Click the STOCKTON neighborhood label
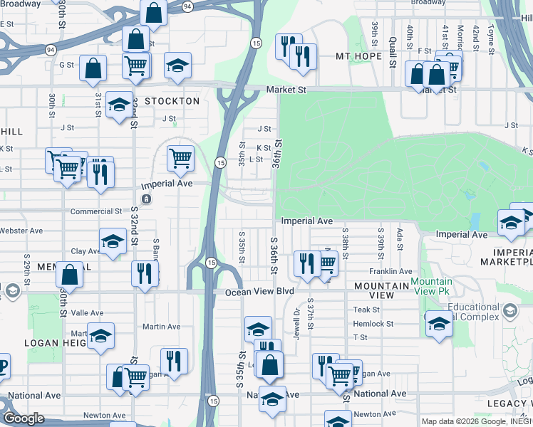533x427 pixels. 172,101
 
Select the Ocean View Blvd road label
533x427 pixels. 259,291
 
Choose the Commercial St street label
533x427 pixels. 96,211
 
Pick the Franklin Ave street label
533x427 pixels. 390,271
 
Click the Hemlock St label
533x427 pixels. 373,323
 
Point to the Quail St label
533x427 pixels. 393,54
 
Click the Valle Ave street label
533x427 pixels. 87,312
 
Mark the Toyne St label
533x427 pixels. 490,38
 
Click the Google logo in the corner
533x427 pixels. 24,418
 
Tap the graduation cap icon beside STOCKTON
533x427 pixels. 118,105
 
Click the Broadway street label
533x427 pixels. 428,3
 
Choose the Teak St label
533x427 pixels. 366,310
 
